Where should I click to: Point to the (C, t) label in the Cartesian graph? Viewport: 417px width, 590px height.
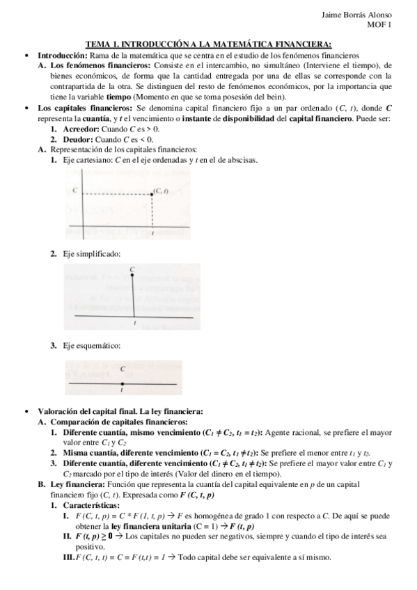coord(161,190)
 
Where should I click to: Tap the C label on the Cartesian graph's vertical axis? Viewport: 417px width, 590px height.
coord(74,191)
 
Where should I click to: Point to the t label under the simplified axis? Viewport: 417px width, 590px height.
coord(134,323)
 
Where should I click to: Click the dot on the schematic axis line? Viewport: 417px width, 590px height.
coord(123,383)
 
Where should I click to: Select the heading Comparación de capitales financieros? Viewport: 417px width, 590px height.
coord(118,422)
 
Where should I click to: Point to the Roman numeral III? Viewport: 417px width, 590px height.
coord(66,557)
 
